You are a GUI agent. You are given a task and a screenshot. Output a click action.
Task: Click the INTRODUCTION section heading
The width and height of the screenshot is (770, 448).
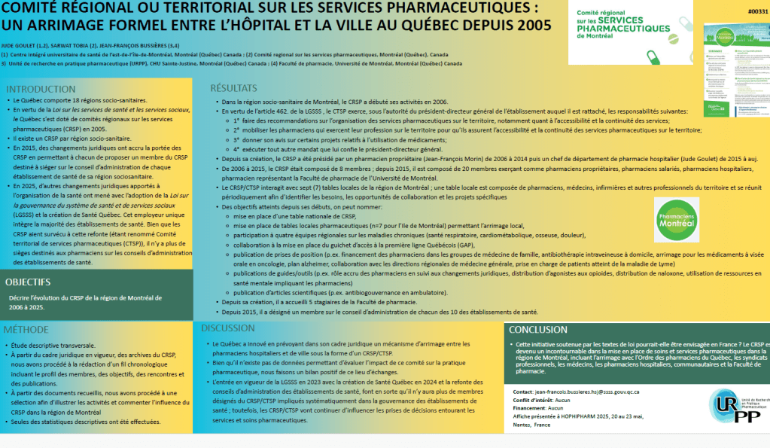tap(41, 90)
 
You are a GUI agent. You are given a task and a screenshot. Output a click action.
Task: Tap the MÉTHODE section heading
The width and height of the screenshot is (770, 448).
tap(26, 330)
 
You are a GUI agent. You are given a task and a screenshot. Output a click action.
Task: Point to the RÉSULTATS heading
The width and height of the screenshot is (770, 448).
tap(235, 88)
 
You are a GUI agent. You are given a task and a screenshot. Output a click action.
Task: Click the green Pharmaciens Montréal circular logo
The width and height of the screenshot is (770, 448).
tap(676, 219)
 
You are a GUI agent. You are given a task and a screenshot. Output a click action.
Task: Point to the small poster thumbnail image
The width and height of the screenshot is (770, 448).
tap(735, 72)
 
